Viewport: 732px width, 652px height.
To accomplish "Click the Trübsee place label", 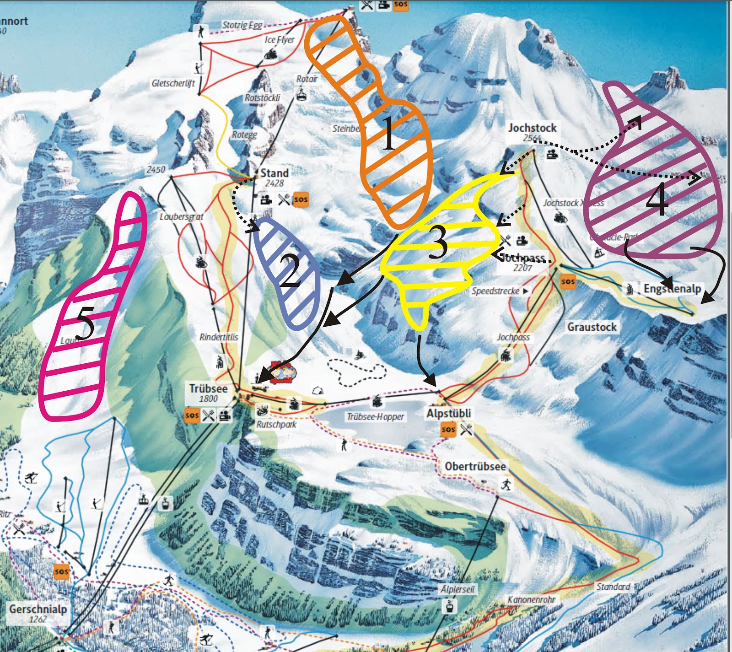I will (208, 389).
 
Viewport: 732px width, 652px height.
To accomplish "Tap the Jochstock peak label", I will (532, 128).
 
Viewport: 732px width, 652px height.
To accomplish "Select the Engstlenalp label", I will (672, 289).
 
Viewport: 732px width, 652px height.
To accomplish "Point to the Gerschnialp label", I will (38, 609).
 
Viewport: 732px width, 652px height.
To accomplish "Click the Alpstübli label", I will (448, 414).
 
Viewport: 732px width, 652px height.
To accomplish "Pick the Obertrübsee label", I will (475, 467).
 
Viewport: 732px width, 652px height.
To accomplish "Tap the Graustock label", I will (592, 327).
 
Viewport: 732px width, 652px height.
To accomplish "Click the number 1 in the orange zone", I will (388, 133).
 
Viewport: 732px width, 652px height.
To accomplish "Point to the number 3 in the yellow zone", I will (437, 242).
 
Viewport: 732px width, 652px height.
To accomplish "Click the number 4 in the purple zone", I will (657, 200).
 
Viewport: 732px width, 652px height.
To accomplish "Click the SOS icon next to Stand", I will (301, 199).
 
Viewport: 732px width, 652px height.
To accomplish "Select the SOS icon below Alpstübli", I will (448, 430).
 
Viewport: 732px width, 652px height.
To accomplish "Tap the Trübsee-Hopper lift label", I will (375, 417).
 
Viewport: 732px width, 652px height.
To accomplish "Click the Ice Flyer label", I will (280, 40).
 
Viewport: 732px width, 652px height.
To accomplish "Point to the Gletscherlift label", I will (173, 83).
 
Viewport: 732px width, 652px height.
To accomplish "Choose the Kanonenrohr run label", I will (531, 599).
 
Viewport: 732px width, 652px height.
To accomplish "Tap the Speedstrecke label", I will (496, 291).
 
